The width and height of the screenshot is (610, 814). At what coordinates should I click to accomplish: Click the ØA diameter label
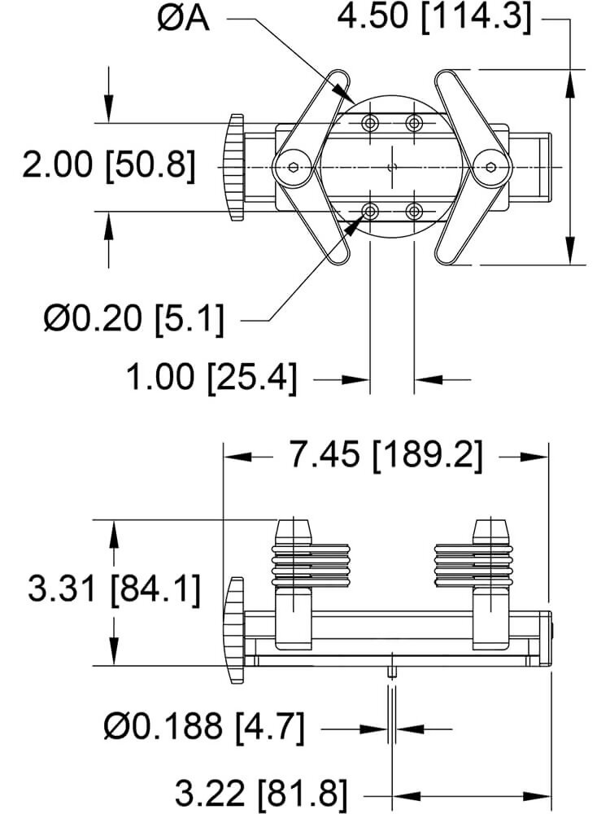(x=183, y=20)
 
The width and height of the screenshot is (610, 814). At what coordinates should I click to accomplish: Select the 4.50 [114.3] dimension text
(x=434, y=16)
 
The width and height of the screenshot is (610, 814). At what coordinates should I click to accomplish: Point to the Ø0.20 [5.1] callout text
(x=134, y=317)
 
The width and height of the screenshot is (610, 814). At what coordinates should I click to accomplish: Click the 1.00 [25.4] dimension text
(x=211, y=376)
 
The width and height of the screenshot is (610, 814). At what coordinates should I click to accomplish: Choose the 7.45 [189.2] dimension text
(x=386, y=455)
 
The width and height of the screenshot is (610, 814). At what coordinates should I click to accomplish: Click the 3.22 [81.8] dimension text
(x=260, y=793)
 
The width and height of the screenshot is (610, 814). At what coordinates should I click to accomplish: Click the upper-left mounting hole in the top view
(x=369, y=123)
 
